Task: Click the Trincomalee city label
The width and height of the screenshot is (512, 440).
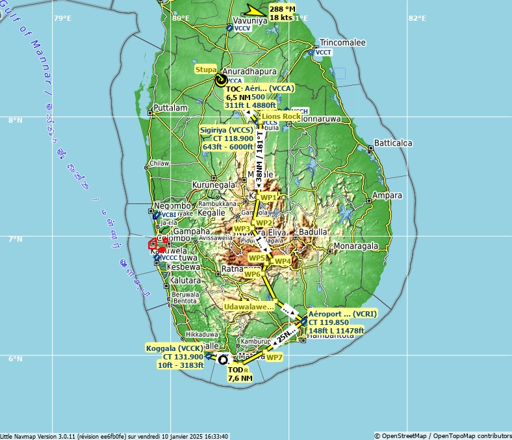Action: pos(342,43)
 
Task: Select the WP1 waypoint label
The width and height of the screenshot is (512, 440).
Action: pos(268,197)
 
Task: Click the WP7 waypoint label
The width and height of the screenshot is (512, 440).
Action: pos(275,357)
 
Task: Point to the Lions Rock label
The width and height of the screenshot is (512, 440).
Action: pos(281,116)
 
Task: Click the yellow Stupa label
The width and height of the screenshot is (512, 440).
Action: pos(206,69)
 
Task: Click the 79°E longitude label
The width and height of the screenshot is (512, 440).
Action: pos(62,18)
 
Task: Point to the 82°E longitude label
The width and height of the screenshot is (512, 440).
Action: pos(417,18)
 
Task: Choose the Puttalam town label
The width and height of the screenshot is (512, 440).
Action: pos(172,108)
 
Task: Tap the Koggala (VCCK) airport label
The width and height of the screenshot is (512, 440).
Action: pos(175,348)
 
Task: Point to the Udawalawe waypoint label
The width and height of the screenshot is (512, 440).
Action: pos(249,307)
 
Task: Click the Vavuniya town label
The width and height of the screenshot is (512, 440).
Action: pos(246,21)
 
